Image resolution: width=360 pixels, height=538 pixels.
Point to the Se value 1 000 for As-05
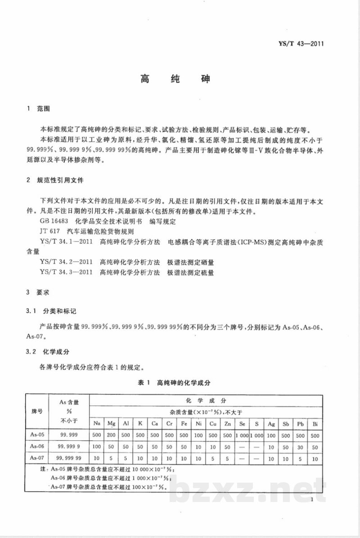click(x=242, y=435)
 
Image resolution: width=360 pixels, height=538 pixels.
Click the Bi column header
click(x=315, y=423)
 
